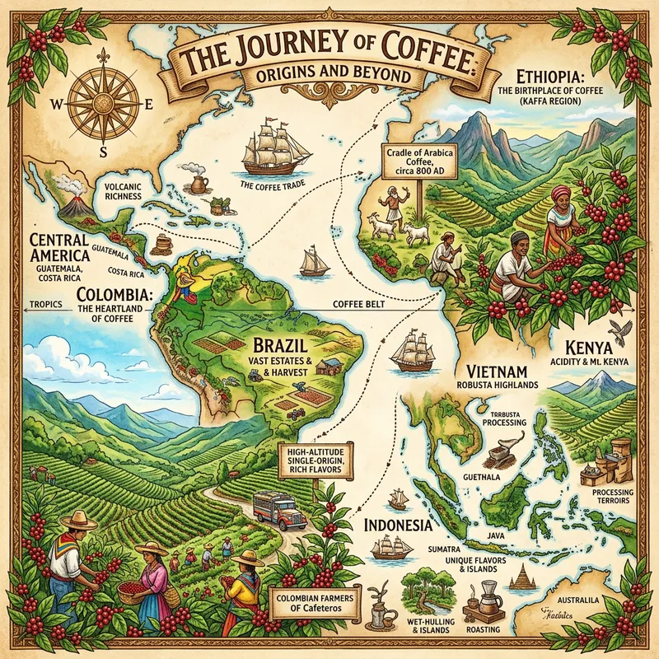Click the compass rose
pyautogui.click(x=102, y=105)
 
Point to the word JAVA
pyautogui.click(x=495, y=535)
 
